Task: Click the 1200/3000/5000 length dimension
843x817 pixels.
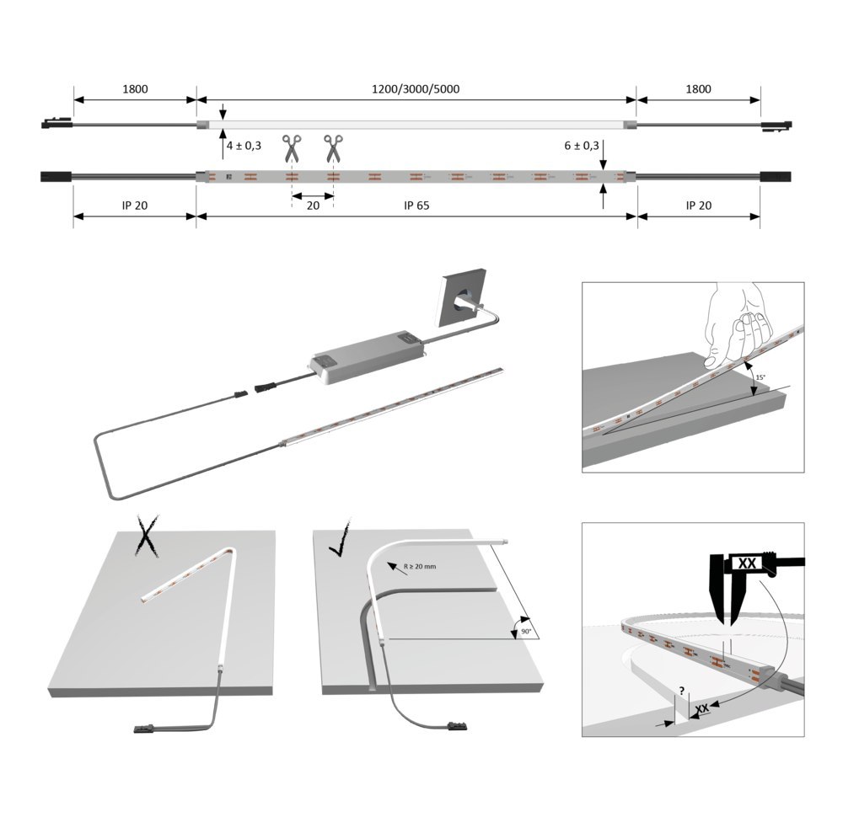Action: tap(416, 88)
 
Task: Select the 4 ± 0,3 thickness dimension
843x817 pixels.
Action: tap(244, 146)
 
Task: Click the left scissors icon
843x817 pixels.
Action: tap(292, 148)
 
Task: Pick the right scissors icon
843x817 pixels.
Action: tap(334, 148)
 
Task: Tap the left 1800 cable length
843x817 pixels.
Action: tap(134, 88)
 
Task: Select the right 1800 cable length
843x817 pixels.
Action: tap(698, 88)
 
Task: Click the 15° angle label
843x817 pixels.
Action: tap(760, 378)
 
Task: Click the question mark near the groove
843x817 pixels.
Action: tap(680, 690)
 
